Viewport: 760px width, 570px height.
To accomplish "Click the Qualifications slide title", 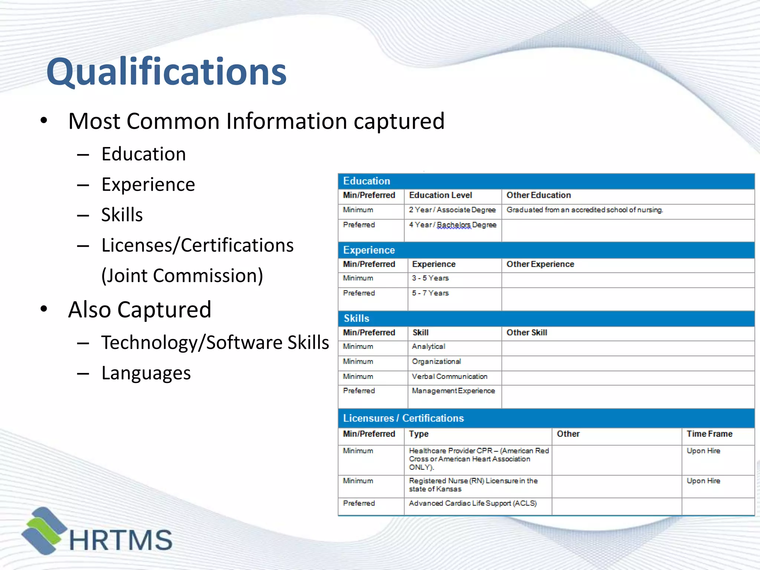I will [x=167, y=71].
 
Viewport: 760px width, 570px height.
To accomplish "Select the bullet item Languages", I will [x=146, y=373].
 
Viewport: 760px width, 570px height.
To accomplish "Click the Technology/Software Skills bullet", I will [x=215, y=342].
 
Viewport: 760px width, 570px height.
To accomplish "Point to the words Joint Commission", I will [x=182, y=276].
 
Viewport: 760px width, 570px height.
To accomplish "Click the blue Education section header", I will [x=546, y=181].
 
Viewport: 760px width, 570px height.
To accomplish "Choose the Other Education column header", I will [x=538, y=195].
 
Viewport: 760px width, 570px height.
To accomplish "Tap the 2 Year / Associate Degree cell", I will [x=452, y=210].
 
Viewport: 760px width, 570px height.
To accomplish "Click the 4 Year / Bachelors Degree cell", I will [x=452, y=225].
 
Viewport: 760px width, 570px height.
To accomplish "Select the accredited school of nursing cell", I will [x=584, y=210].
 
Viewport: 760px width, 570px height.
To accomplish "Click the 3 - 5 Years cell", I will [x=430, y=278].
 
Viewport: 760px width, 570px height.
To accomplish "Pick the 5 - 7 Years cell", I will [x=430, y=293].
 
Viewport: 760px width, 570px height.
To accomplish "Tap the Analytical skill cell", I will [x=428, y=347].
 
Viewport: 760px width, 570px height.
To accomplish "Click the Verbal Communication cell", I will [x=449, y=377].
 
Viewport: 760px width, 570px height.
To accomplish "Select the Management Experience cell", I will [x=453, y=391].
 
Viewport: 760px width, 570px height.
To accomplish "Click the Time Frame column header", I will [x=709, y=434].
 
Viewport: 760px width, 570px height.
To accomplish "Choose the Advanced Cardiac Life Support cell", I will [x=472, y=504].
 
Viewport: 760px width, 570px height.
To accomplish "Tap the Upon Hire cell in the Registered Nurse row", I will [x=703, y=481].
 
